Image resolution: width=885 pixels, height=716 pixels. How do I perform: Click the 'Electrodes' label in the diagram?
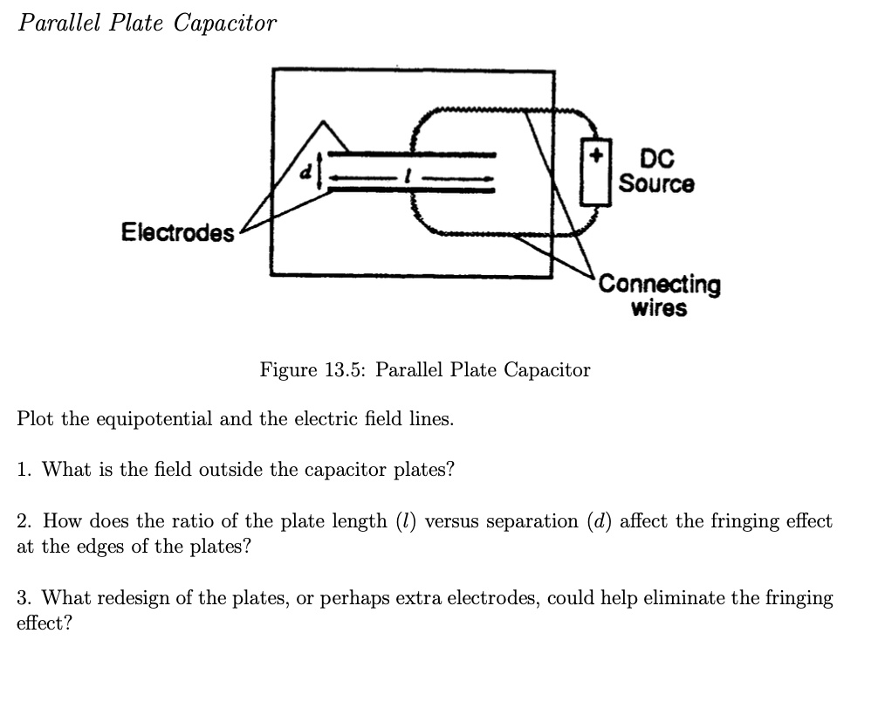pos(177,233)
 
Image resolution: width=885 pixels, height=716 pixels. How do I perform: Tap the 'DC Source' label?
pos(656,171)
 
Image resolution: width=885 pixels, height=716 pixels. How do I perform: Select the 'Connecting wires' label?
pos(659,296)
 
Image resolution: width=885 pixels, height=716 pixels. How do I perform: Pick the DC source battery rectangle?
pos(597,172)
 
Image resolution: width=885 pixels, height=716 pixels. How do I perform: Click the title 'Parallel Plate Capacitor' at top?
pos(147,24)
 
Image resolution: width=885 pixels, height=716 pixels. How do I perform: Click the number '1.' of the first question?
pos(25,470)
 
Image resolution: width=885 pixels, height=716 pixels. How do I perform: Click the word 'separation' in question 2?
pos(532,521)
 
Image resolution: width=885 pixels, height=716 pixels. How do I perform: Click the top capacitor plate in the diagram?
pos(410,155)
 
